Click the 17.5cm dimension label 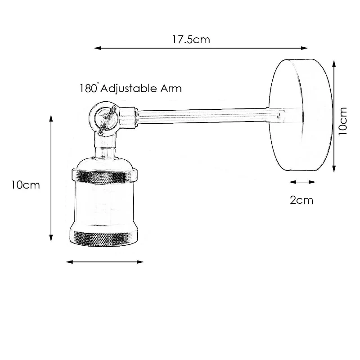[x=191, y=40]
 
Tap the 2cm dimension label [x=301, y=200]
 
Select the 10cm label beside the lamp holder [x=26, y=185]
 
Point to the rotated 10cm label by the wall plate [x=343, y=121]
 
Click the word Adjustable [x=128, y=89]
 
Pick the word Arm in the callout [x=171, y=89]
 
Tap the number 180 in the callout [x=88, y=88]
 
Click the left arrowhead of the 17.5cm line [x=98, y=48]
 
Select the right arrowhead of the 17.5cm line [x=304, y=48]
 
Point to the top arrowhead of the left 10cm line [x=51, y=118]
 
